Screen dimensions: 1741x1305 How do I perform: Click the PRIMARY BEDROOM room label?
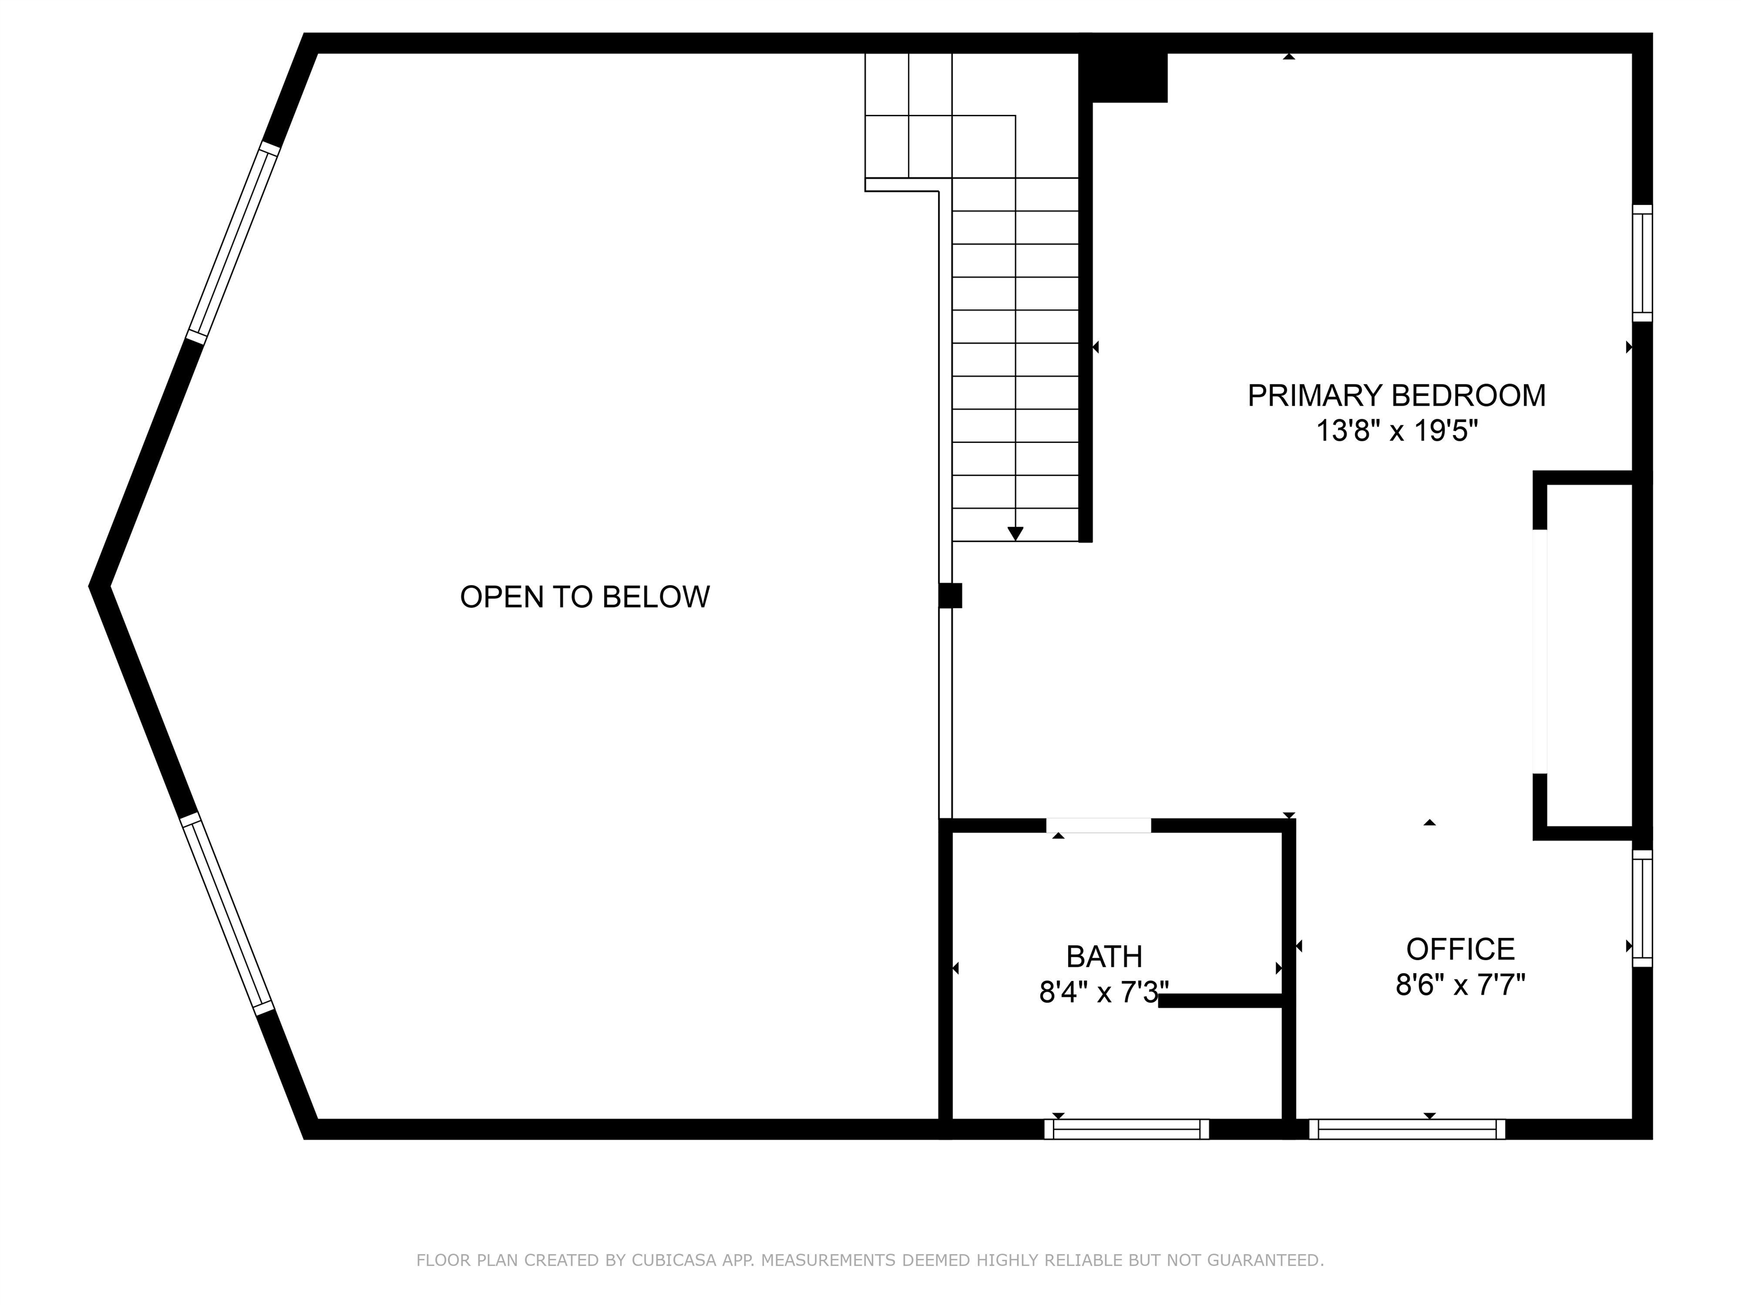(x=1396, y=396)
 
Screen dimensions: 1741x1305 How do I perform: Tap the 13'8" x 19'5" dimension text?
(x=1397, y=431)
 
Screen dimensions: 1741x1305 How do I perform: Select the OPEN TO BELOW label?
(x=585, y=597)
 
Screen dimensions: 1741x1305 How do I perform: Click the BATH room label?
(x=1104, y=957)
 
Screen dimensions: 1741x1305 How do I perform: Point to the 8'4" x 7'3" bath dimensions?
(x=1103, y=992)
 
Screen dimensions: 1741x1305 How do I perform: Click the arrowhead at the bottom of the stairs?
(x=1016, y=534)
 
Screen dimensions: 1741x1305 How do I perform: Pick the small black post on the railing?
(x=950, y=595)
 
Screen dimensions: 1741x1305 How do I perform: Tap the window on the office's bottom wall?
(x=1407, y=1129)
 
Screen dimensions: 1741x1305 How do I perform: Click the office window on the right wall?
(x=1642, y=908)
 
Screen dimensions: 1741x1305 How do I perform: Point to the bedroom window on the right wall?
(x=1642, y=263)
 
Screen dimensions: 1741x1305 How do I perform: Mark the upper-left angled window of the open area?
(x=233, y=242)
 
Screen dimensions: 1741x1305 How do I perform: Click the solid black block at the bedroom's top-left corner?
(x=1123, y=69)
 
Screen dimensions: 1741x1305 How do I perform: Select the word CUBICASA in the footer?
(x=674, y=1260)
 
